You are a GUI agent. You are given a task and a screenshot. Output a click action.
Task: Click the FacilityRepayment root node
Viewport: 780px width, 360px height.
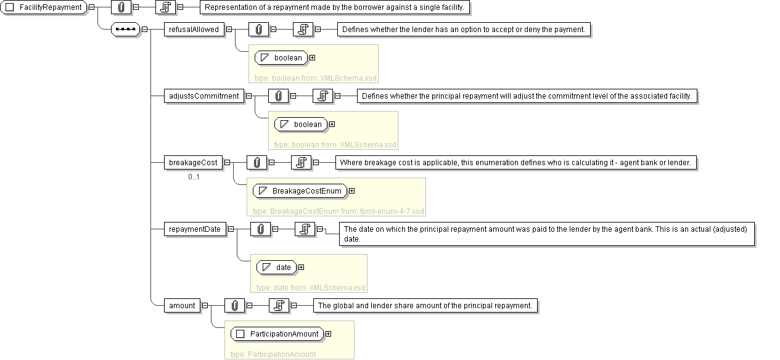44,7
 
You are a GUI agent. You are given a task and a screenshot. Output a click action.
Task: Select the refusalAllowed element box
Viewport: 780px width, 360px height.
194,30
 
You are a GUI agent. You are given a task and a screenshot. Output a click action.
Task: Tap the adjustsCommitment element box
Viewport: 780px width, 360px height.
204,96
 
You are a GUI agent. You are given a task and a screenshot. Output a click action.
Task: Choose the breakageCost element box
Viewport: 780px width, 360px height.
193,163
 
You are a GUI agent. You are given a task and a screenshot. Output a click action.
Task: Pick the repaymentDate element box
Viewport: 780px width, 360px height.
195,229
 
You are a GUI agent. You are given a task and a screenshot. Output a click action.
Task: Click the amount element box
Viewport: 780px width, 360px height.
182,306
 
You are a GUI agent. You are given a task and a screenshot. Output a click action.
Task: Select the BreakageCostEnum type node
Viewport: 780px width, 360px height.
300,191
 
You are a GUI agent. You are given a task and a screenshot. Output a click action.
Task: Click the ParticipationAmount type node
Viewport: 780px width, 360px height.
277,334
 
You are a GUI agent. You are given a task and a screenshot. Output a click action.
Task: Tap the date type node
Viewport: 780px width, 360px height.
276,268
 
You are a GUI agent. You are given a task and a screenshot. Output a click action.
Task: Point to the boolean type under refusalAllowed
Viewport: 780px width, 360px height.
281,58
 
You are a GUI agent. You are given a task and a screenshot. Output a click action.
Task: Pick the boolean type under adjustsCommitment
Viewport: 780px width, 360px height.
301,125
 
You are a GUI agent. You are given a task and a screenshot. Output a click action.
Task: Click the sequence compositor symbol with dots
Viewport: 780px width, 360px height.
125,29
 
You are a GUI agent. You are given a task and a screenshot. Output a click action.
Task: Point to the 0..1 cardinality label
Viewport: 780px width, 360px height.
194,177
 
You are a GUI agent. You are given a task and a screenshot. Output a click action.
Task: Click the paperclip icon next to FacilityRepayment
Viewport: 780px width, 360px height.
121,7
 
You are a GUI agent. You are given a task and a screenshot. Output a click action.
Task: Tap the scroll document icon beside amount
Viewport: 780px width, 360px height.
279,306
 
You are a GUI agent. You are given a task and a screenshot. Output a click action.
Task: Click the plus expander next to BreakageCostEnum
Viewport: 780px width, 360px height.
352,191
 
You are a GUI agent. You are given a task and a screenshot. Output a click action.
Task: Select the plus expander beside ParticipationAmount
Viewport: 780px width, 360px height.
329,334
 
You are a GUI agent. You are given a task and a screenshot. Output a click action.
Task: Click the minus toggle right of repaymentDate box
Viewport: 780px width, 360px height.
231,229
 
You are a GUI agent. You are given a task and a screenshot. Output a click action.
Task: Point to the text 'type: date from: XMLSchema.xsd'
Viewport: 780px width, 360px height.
311,288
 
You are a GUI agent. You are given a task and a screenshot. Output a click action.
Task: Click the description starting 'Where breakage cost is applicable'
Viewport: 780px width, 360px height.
515,163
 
